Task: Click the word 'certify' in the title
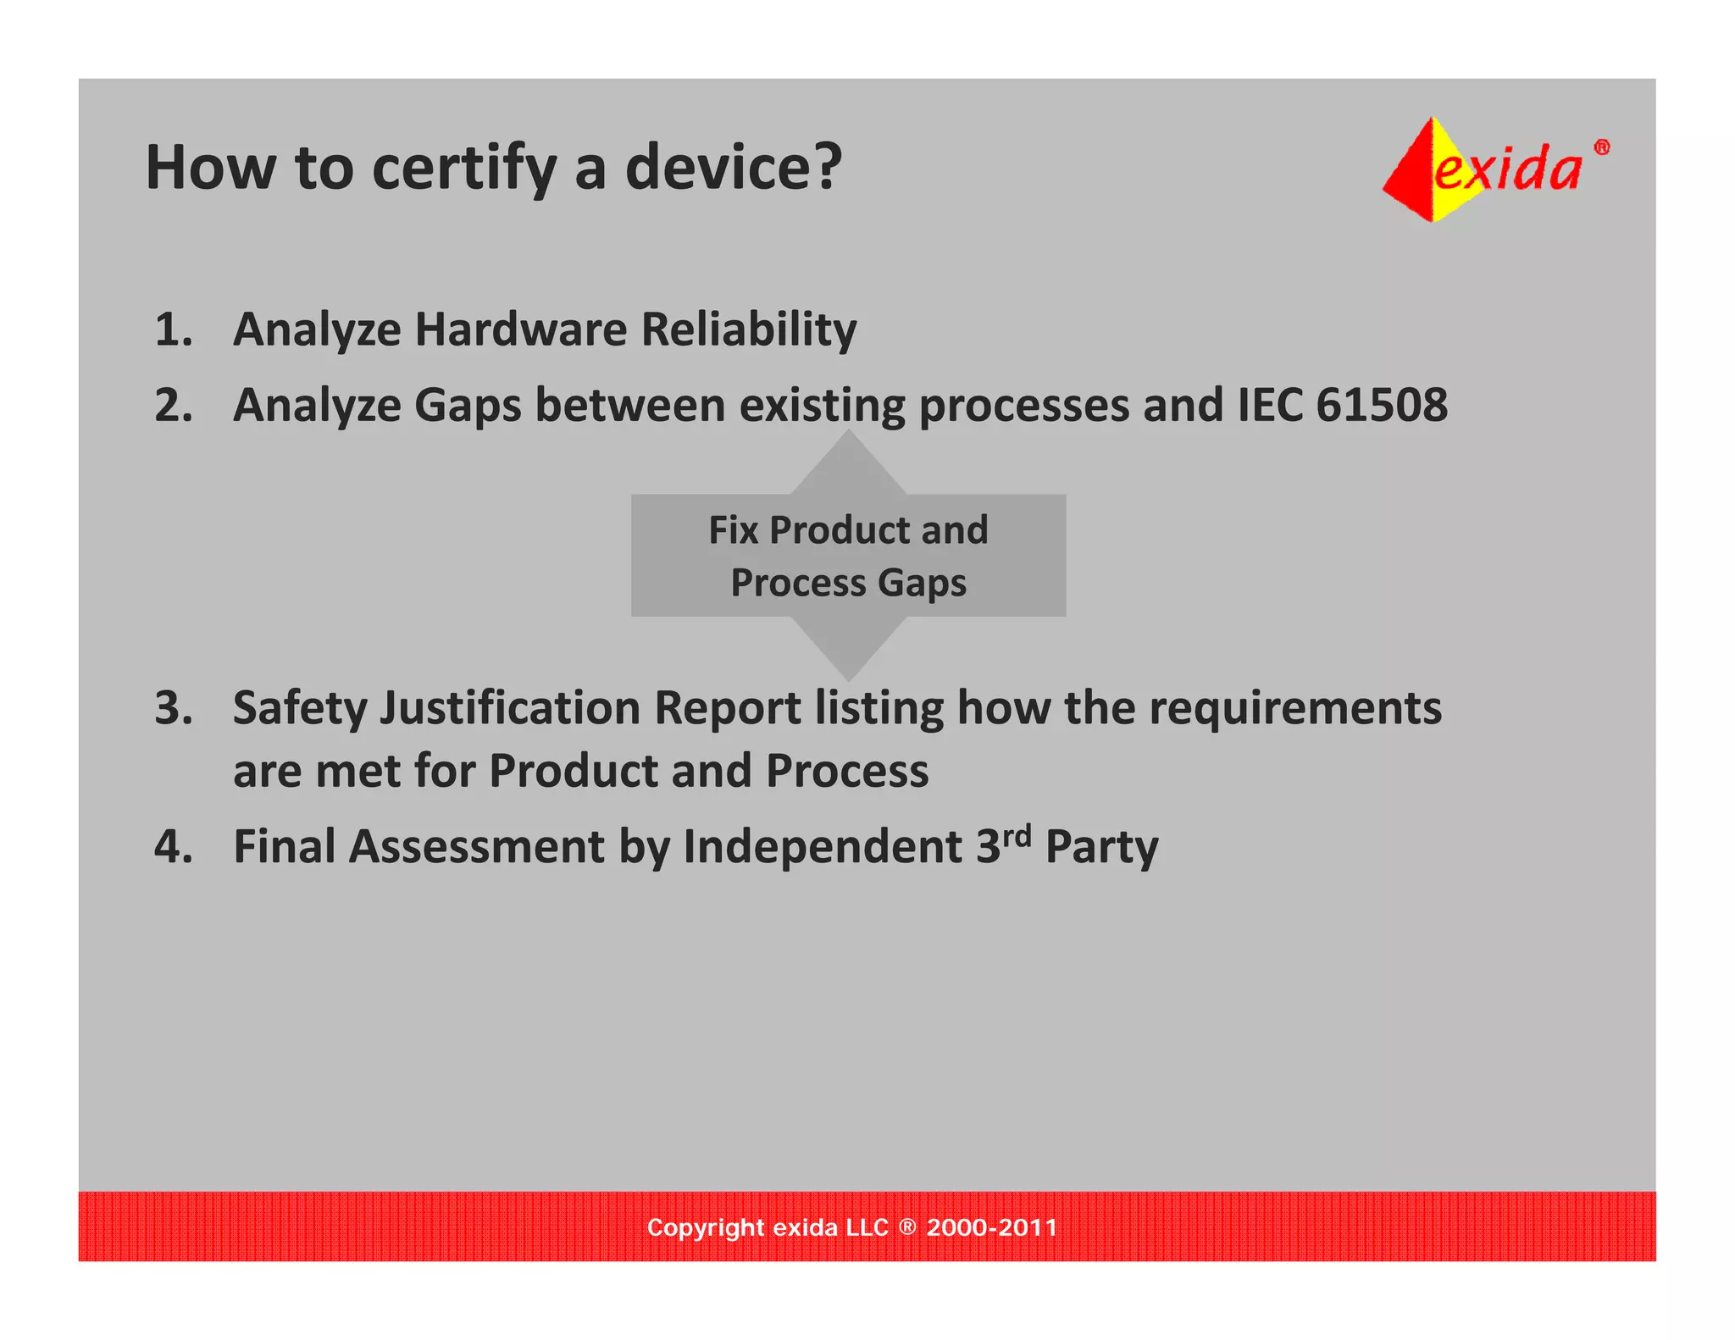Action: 464,169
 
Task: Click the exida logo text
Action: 1507,168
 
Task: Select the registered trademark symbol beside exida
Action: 1601,147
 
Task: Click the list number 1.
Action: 173,329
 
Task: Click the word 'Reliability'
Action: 748,330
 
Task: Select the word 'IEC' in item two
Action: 1268,405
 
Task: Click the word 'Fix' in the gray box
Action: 733,530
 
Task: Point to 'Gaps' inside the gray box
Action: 922,584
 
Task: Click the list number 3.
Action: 173,708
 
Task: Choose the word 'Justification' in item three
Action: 508,709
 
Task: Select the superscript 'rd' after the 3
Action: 1017,836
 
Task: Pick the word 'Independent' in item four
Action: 822,847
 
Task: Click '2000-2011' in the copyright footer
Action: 991,1227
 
